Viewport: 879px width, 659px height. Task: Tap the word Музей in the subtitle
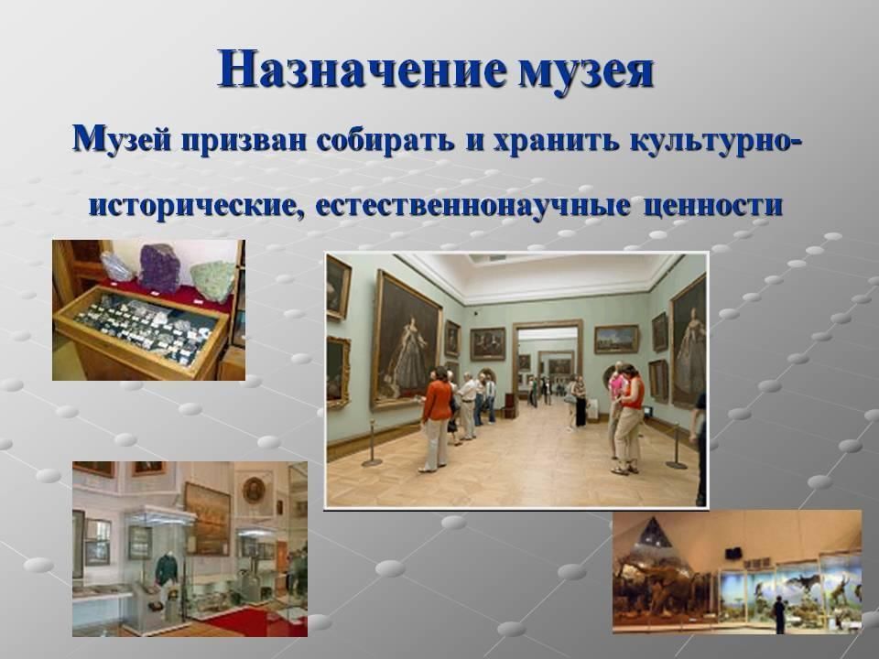(x=122, y=138)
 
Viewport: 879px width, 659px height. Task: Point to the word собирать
(x=385, y=139)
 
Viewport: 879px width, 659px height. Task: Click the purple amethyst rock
(x=160, y=268)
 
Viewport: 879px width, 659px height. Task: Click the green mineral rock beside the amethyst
(x=213, y=281)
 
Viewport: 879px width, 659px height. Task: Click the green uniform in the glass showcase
(x=167, y=569)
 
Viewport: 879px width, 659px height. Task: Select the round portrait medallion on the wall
(x=254, y=490)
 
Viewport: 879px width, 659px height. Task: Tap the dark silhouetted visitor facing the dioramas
(x=778, y=615)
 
